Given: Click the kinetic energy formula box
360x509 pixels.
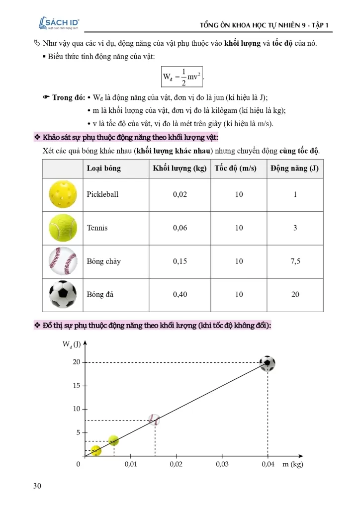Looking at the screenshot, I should [x=182, y=76].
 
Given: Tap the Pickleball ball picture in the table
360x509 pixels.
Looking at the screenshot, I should [x=63, y=194].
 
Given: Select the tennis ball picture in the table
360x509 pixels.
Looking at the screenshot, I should [x=63, y=228].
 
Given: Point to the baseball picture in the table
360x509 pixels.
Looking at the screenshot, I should [x=63, y=261].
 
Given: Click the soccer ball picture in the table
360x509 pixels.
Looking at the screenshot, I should [x=63, y=294].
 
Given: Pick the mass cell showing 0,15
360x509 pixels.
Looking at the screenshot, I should [x=180, y=261].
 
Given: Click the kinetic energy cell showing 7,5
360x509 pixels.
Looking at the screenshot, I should [x=295, y=261].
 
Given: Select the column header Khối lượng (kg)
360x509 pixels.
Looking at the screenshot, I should [x=180, y=168].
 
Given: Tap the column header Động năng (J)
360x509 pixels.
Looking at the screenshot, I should [x=295, y=168].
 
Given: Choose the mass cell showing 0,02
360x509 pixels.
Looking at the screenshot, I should [x=180, y=194].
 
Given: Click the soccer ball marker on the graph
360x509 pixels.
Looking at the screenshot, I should [x=268, y=363].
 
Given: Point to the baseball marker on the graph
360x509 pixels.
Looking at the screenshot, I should [x=155, y=420].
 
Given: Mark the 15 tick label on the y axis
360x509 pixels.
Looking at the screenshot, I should [x=77, y=386].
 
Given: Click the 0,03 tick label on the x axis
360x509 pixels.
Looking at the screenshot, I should [x=222, y=464].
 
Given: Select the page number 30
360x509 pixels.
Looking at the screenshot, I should [x=37, y=486].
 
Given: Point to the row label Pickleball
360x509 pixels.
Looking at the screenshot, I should [x=102, y=194].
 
